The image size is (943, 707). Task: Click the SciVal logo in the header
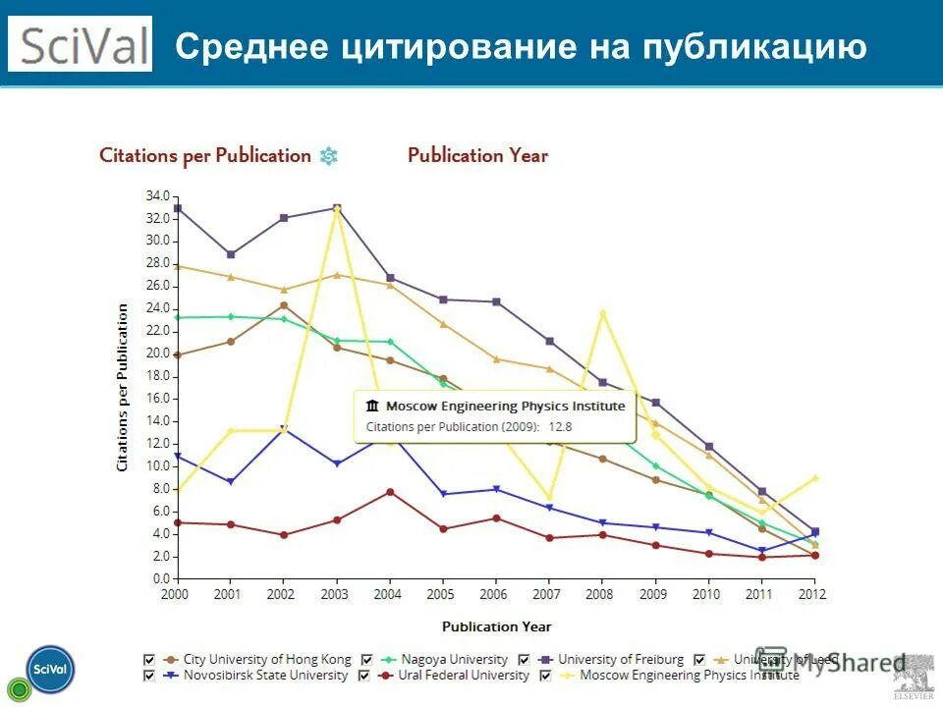point(81,44)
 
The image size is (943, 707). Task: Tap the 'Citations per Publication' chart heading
point(205,155)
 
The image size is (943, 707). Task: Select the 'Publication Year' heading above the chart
point(477,155)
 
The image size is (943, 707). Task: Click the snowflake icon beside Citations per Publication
point(329,155)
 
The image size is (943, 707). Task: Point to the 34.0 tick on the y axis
point(157,195)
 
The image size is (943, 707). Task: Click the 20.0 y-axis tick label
point(157,353)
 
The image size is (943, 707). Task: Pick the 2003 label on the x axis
point(336,595)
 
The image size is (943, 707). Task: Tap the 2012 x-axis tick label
point(813,595)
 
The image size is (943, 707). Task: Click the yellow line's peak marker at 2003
point(337,209)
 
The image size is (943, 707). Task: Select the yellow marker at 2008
point(602,313)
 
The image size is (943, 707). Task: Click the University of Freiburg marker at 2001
point(231,254)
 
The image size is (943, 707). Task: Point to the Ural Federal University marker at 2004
point(390,491)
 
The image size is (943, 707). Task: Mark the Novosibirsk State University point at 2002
point(284,428)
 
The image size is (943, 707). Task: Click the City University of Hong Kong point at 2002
point(284,305)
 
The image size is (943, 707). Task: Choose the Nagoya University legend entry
point(452,660)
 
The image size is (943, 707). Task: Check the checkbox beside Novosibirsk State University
point(149,676)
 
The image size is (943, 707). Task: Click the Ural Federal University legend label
point(463,676)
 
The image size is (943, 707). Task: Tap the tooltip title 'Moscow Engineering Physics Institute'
point(505,406)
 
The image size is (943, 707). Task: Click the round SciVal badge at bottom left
point(50,669)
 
